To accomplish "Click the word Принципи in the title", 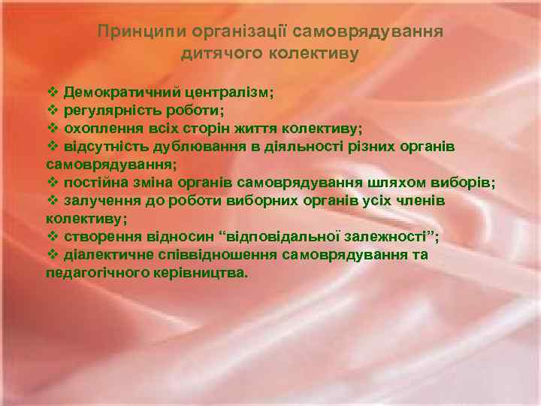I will [136, 32].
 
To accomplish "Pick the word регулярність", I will [111, 110].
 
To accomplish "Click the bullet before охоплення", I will [53, 128].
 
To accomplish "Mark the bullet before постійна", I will [53, 182].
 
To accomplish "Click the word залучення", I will [98, 201].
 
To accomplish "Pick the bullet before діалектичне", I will [53, 255].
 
